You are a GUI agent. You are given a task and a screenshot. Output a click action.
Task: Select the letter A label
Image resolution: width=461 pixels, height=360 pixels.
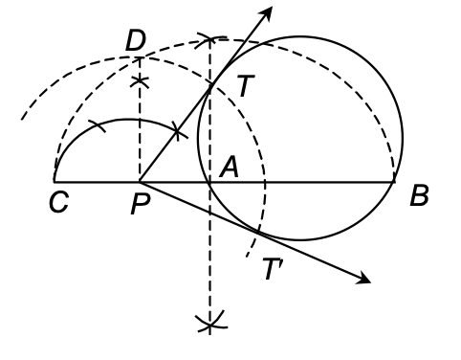point(229,166)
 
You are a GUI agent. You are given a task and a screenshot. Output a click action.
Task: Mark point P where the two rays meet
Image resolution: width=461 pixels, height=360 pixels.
point(141,181)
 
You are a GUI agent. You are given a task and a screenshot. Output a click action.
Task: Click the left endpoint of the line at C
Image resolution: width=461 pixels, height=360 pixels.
point(55,181)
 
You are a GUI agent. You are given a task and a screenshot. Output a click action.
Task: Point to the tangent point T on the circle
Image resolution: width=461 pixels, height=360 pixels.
point(210,84)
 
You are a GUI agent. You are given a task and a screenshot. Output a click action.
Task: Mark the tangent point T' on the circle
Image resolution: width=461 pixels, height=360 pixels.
point(258,231)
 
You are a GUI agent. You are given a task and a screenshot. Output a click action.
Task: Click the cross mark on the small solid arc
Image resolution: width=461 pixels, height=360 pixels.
point(177,128)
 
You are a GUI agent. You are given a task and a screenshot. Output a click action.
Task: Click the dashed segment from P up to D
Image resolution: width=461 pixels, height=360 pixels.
point(141,134)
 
